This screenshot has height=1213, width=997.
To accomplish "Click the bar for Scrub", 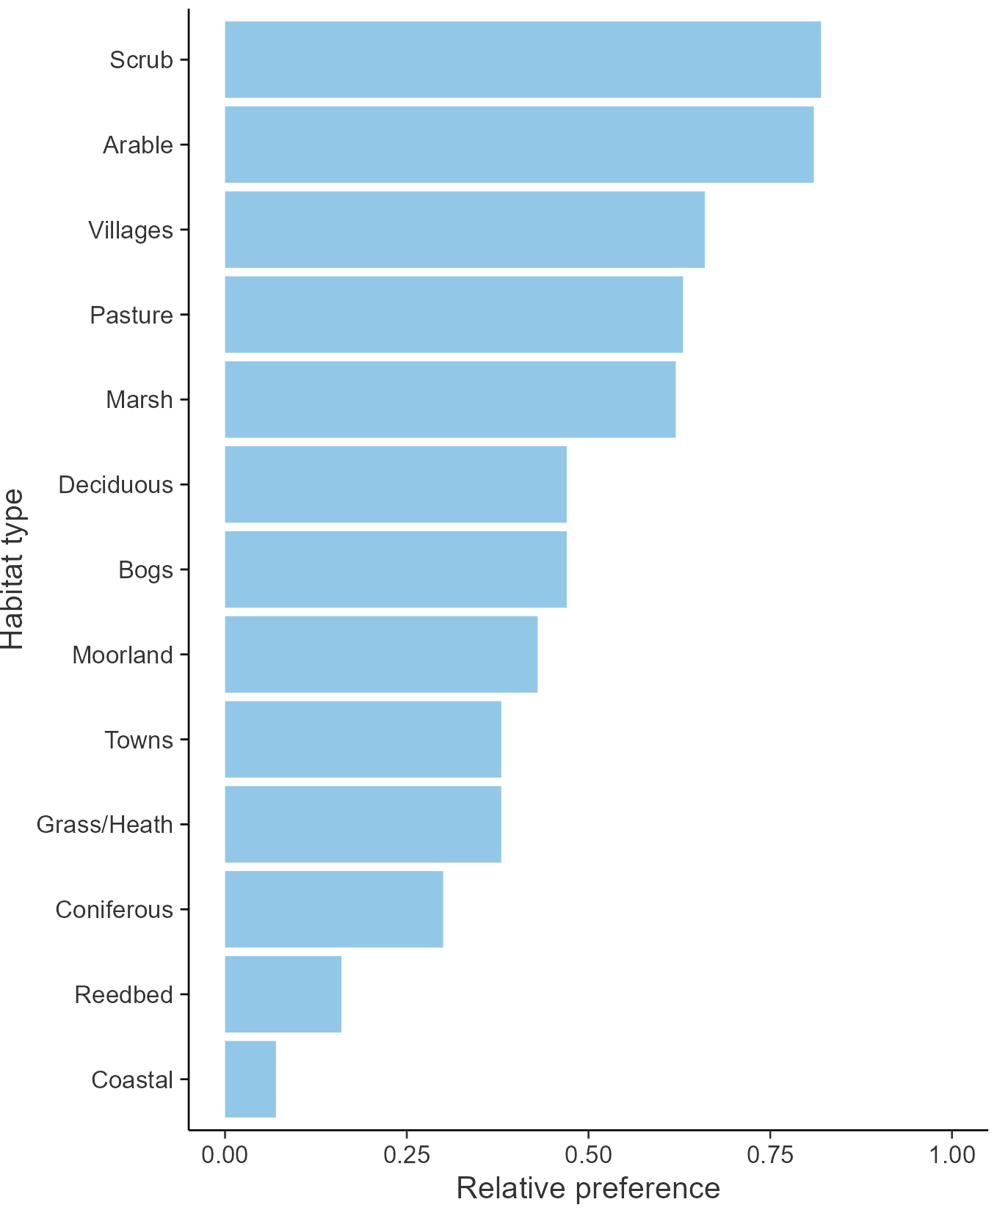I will tap(523, 59).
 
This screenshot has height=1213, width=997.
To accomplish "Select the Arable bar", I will tap(519, 145).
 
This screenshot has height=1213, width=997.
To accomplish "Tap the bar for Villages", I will tap(465, 230).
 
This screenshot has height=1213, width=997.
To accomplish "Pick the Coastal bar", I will tap(250, 1079).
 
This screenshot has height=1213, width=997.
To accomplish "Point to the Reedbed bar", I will tap(283, 994).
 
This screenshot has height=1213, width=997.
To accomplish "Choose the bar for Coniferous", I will tap(334, 909).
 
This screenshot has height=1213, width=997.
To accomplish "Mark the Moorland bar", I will tap(381, 654).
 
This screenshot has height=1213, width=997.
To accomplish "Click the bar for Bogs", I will tap(396, 569).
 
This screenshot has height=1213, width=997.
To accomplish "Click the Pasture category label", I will tap(131, 315).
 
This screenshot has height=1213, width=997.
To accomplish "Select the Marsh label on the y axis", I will tap(139, 400).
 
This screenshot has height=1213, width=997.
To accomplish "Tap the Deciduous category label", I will tap(116, 485).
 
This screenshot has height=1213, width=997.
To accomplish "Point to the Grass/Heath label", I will tap(105, 825).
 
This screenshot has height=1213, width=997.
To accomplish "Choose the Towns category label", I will tap(139, 740).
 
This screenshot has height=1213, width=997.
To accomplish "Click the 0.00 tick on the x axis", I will tap(225, 1155).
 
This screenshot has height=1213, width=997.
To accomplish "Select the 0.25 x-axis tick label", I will tap(407, 1155).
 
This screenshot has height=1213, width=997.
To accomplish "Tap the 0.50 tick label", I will tap(588, 1155).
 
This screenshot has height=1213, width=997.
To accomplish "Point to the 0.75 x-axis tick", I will tap(770, 1155).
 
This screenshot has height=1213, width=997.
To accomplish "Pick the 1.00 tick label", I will tap(952, 1155).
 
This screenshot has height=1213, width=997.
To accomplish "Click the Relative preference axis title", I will tap(588, 1188).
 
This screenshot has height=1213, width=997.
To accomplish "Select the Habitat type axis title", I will tap(13, 569).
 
